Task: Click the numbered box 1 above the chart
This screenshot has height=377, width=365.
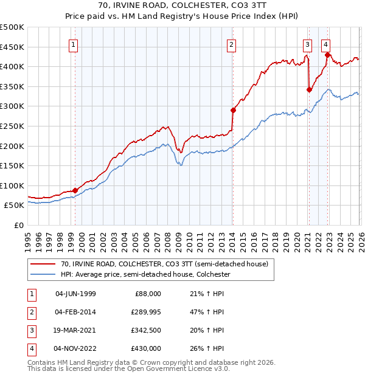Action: click(73, 44)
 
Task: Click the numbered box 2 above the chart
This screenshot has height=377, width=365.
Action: click(232, 44)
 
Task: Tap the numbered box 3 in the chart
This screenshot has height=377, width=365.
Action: click(307, 44)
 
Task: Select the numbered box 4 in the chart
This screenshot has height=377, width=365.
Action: click(326, 44)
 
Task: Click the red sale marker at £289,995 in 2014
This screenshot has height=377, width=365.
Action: click(233, 110)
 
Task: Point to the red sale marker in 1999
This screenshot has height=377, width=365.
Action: click(75, 190)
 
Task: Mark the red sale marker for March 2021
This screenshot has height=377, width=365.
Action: click(309, 89)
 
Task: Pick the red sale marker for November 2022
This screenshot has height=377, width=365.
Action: click(327, 55)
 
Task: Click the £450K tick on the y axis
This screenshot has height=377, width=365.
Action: click(12, 47)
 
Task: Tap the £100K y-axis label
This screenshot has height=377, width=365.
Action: click(12, 185)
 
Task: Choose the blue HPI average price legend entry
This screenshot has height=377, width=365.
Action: click(145, 274)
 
